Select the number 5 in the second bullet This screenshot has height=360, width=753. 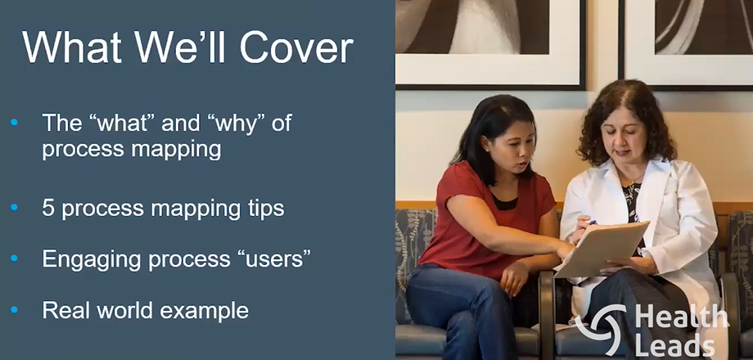click(x=48, y=209)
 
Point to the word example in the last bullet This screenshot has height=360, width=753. click(x=204, y=311)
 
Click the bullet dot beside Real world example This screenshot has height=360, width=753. click(x=14, y=309)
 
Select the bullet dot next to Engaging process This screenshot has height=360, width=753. click(x=14, y=259)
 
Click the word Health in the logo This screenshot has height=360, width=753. click(x=681, y=317)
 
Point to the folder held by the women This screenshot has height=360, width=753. click(x=602, y=250)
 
